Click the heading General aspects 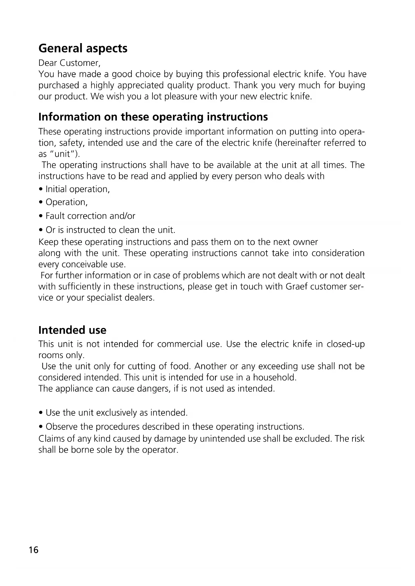coord(83,48)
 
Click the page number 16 coord(34,550)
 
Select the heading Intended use coord(72,330)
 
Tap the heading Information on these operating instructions coord(153,117)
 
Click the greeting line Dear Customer coord(69,63)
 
